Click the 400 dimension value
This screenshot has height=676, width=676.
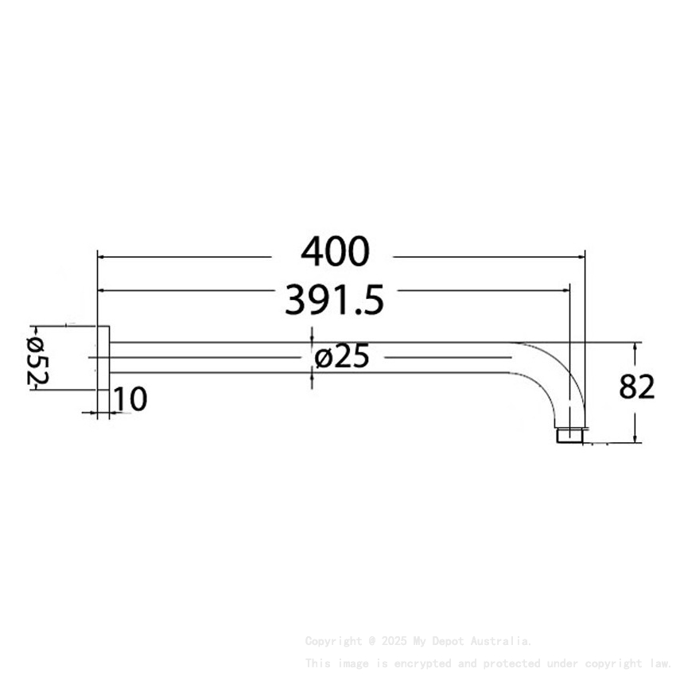click(335, 252)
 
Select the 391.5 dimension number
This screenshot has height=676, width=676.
click(335, 301)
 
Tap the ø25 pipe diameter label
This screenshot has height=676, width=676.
click(342, 358)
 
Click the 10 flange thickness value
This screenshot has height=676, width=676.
click(129, 399)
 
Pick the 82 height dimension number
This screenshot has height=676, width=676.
click(636, 387)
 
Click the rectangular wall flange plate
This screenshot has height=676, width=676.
click(103, 370)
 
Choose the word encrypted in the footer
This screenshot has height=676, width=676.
click(414, 662)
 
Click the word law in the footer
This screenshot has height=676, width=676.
click(659, 662)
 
